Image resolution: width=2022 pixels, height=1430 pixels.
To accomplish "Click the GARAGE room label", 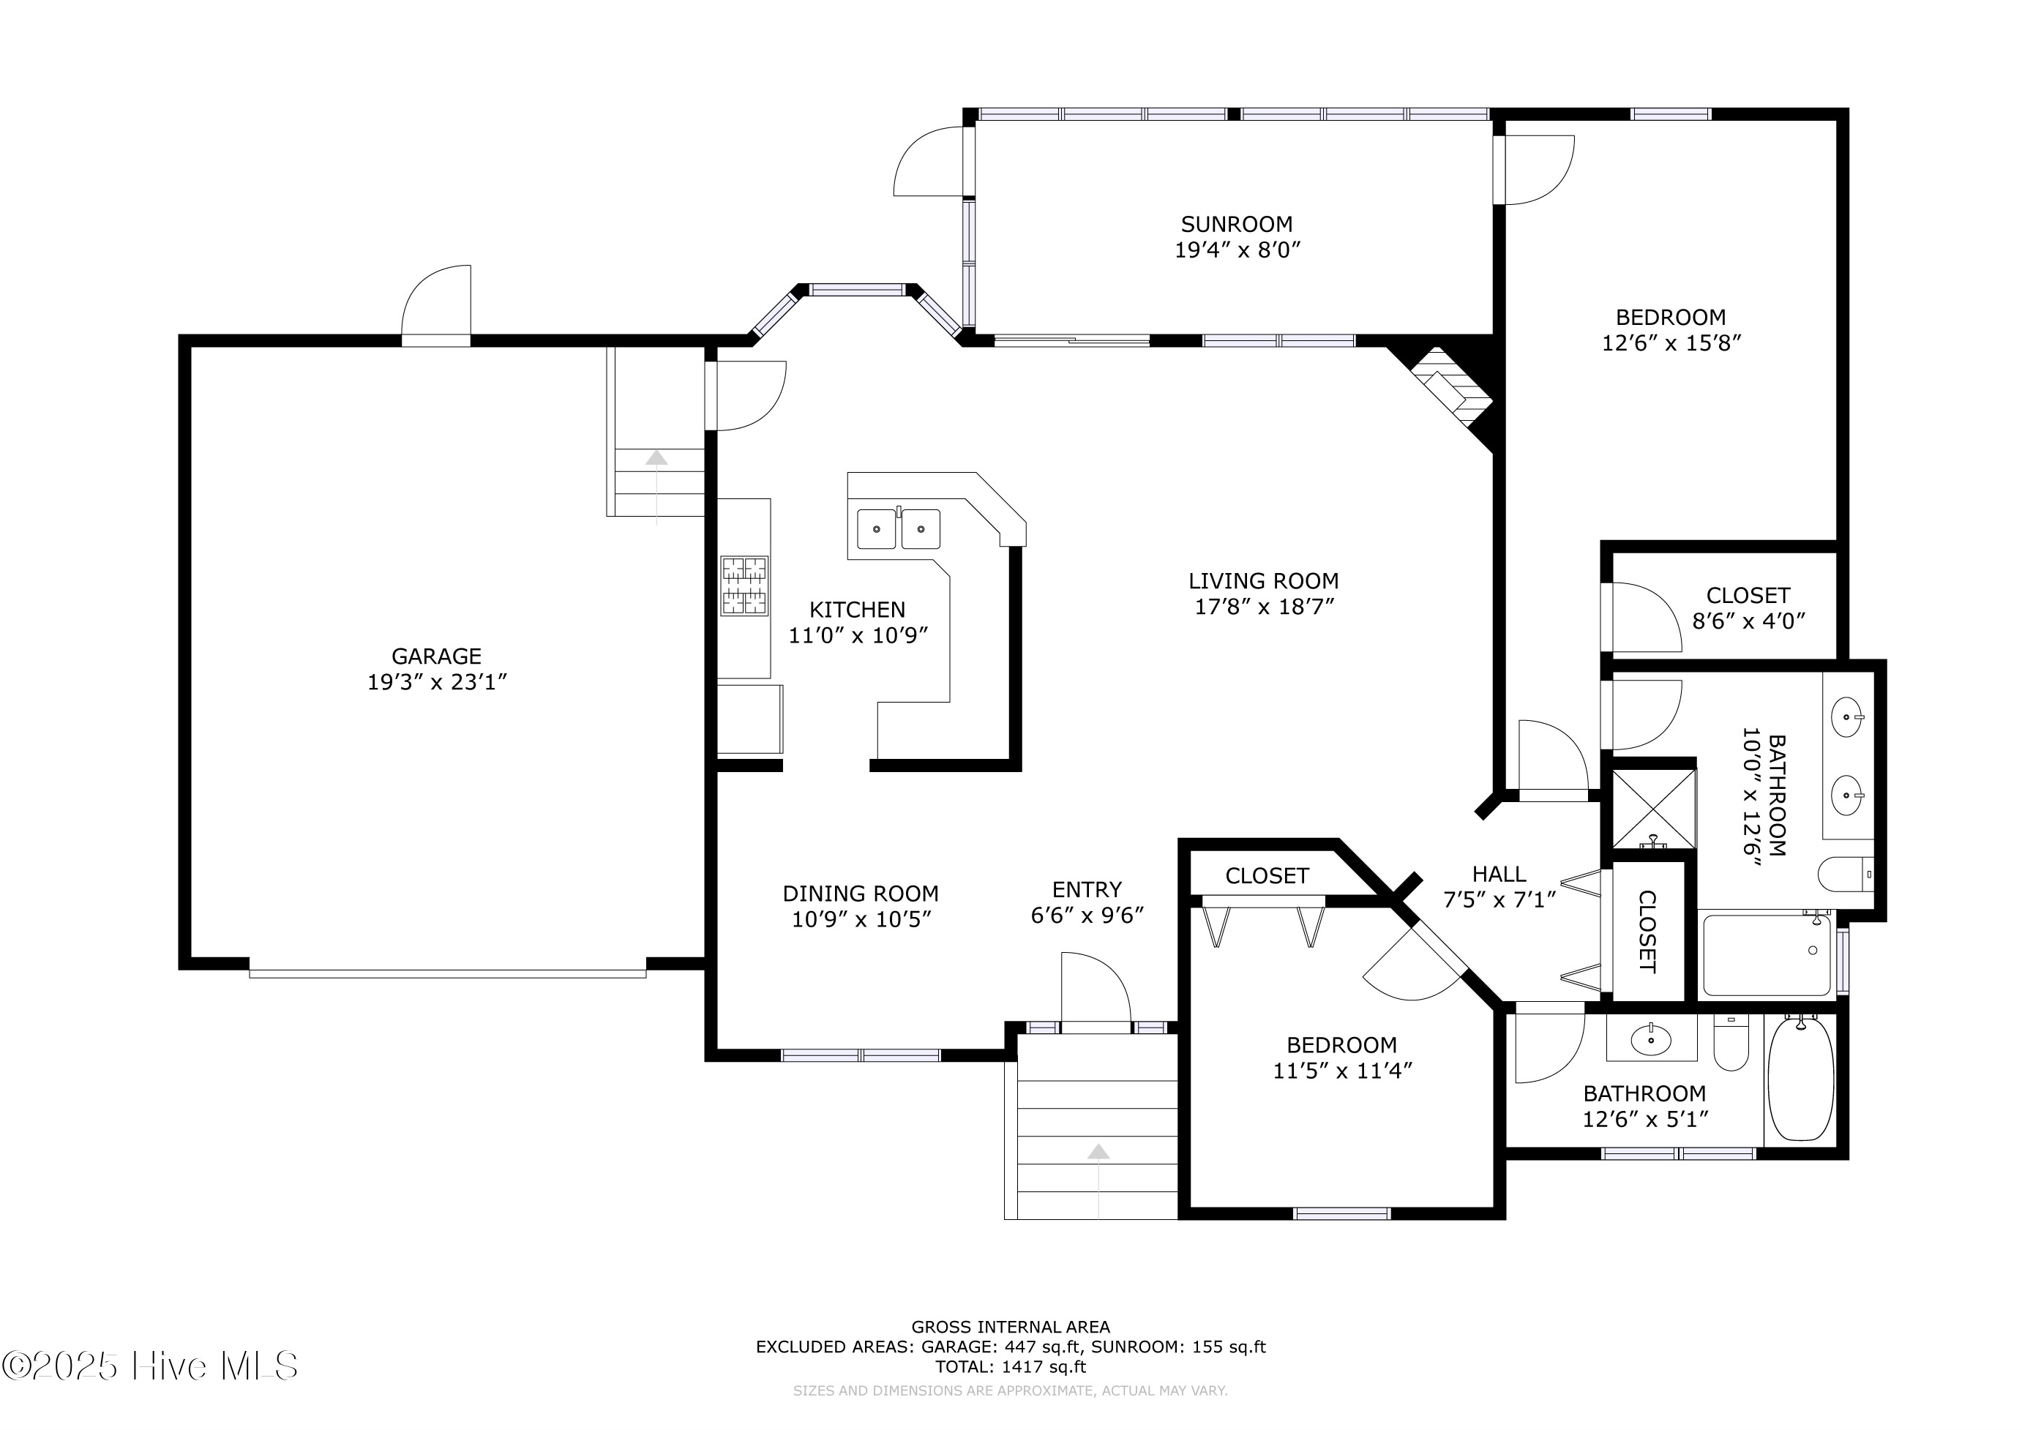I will (436, 656).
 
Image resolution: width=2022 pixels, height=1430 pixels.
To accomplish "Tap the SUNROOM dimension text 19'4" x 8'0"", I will (1237, 250).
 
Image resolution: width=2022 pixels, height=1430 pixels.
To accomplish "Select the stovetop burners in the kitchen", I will (744, 585).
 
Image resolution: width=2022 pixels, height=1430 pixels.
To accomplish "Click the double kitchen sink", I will (898, 529).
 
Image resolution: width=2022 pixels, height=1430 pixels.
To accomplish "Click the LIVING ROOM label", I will (1263, 581).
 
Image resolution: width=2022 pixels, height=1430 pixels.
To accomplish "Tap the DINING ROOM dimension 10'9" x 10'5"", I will (861, 919).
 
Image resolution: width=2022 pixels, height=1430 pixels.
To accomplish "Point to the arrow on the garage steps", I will (656, 458).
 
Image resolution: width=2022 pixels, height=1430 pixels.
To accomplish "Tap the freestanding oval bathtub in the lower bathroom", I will (1801, 1079).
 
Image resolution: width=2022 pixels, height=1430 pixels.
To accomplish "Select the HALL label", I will (1499, 875).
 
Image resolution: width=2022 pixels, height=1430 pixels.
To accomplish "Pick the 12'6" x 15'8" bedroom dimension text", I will (1671, 343).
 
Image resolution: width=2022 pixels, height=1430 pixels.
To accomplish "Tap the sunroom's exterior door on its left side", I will (932, 163).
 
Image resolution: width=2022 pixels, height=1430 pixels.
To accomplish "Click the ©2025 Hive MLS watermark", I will (150, 1366).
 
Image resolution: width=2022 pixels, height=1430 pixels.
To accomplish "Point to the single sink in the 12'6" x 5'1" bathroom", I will (1650, 1041).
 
